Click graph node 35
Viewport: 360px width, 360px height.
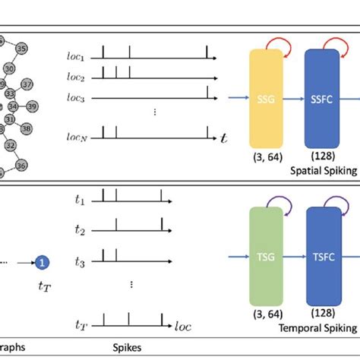pyautogui.click(x=21, y=49)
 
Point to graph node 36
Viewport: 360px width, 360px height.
pyautogui.click(x=21, y=165)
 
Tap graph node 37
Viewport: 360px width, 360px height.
pyautogui.click(x=27, y=84)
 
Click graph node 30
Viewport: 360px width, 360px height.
pyautogui.click(x=9, y=68)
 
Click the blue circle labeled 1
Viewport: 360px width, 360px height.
pyautogui.click(x=43, y=263)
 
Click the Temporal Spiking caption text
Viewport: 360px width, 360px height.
pyautogui.click(x=319, y=328)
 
